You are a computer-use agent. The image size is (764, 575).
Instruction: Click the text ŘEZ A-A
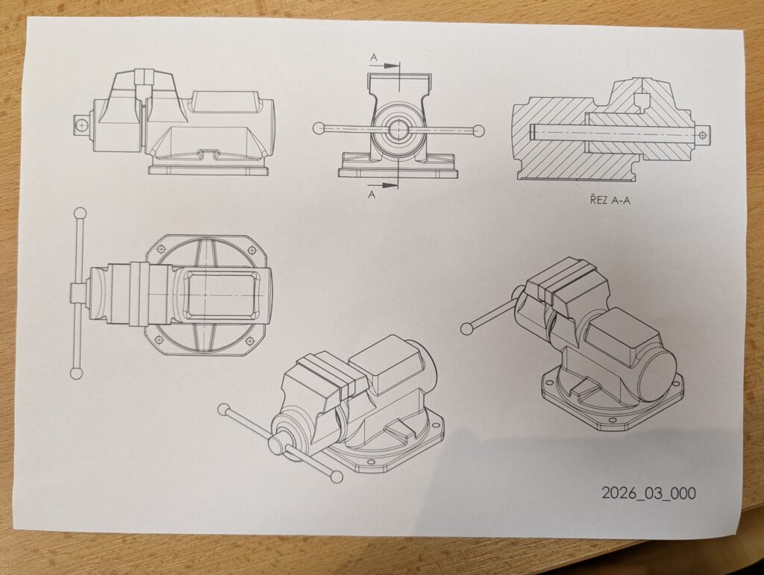click(x=610, y=199)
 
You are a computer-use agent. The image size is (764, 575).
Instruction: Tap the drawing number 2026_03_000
click(x=648, y=493)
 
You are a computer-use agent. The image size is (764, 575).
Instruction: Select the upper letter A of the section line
click(x=374, y=58)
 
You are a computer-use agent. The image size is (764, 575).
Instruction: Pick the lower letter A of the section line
click(x=372, y=195)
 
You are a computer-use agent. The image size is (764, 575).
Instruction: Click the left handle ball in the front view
click(x=319, y=128)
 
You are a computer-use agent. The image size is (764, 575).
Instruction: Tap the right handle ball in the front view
click(x=480, y=131)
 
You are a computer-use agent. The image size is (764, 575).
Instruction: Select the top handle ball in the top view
click(x=81, y=214)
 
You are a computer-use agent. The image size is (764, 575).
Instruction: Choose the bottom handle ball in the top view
click(x=77, y=374)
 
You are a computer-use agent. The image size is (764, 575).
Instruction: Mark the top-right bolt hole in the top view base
click(x=252, y=251)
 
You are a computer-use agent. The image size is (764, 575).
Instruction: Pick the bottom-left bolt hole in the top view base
click(x=157, y=339)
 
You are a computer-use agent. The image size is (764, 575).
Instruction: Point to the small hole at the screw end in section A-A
click(x=702, y=134)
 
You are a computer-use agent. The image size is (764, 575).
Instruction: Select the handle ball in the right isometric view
click(x=466, y=329)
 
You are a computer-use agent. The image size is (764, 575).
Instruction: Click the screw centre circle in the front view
click(x=398, y=130)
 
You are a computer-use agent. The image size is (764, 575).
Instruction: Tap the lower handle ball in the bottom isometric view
click(x=336, y=477)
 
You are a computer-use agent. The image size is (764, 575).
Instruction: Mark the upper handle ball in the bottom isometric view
click(x=224, y=409)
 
